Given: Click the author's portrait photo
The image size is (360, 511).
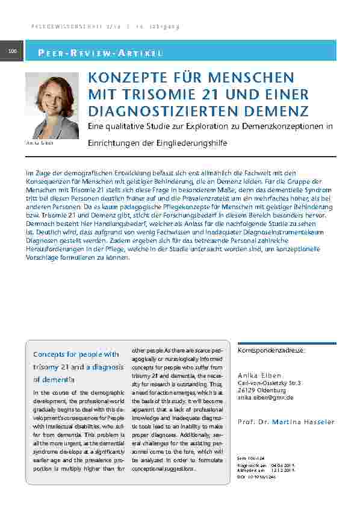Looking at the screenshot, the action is tap(52, 106).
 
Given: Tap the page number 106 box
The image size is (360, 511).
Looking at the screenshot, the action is tap(12, 52).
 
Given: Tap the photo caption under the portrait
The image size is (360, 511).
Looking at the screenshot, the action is tap(40, 143).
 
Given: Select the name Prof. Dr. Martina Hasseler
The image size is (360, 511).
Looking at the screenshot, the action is tap(285, 422).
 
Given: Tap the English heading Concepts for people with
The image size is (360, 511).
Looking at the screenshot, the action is tap(76, 354).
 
